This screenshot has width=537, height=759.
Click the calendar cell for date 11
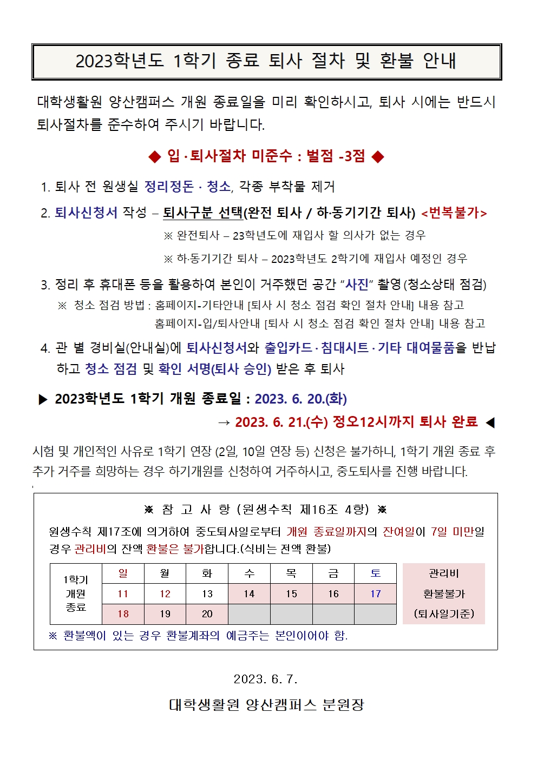click(123, 594)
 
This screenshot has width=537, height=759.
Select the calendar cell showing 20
click(207, 614)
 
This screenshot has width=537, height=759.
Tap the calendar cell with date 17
click(376, 594)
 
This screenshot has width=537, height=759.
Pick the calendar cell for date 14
click(249, 594)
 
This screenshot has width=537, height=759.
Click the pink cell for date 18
click(123, 614)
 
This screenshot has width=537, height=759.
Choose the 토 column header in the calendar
click(376, 573)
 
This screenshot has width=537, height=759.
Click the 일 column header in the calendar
click(123, 573)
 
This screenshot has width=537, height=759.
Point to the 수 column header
click(249, 573)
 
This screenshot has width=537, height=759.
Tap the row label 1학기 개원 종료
click(76, 593)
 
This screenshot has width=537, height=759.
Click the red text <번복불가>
click(454, 213)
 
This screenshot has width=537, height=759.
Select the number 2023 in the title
click(93, 61)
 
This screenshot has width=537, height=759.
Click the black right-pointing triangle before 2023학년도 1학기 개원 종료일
click(43, 400)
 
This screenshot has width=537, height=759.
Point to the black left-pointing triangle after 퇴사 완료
click(490, 423)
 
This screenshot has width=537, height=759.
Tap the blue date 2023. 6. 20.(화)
click(300, 399)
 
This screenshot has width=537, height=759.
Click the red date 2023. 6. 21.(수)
click(281, 422)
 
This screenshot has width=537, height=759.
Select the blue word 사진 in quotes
click(357, 284)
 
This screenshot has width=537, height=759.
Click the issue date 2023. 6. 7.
click(265, 679)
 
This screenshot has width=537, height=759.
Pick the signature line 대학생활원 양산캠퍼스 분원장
click(266, 704)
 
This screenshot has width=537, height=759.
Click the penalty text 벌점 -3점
click(336, 156)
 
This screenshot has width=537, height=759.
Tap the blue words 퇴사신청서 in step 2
click(86, 213)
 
